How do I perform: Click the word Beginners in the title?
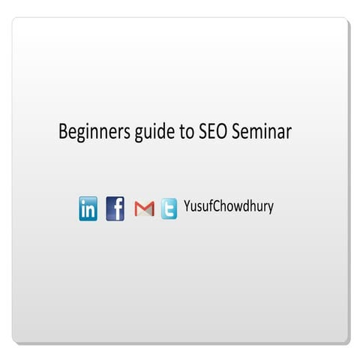point(92,132)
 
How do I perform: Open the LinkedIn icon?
point(88,208)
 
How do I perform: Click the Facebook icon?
point(115,208)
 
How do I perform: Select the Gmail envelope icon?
point(144,208)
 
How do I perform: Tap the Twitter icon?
point(169,208)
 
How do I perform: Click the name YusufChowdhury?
point(228,206)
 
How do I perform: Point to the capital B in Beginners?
point(63,131)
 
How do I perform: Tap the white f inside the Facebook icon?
point(117,208)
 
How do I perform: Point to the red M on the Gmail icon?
point(144,209)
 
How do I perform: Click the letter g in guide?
point(134,134)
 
